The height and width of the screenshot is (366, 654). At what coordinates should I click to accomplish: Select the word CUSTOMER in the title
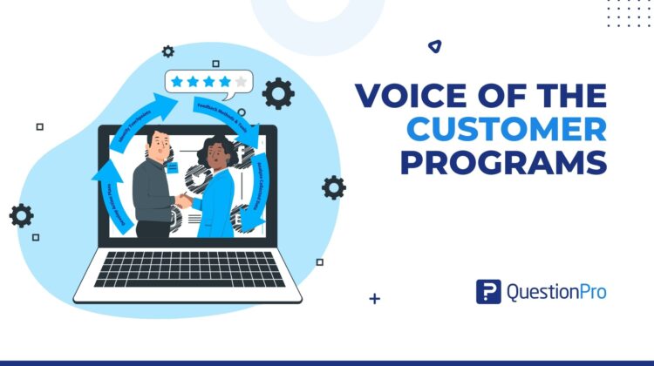pos(508,129)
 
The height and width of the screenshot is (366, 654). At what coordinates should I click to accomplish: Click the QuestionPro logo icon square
pos(488,292)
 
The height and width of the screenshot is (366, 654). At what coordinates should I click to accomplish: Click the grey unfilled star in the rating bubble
pos(241,82)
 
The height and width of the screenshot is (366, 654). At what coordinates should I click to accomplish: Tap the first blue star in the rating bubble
pos(178,82)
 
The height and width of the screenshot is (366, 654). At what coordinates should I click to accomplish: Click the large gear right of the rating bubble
pos(278,92)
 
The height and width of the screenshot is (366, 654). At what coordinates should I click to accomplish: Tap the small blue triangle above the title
pos(434,46)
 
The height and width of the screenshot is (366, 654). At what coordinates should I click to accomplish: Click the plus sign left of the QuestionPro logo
pos(375,299)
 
